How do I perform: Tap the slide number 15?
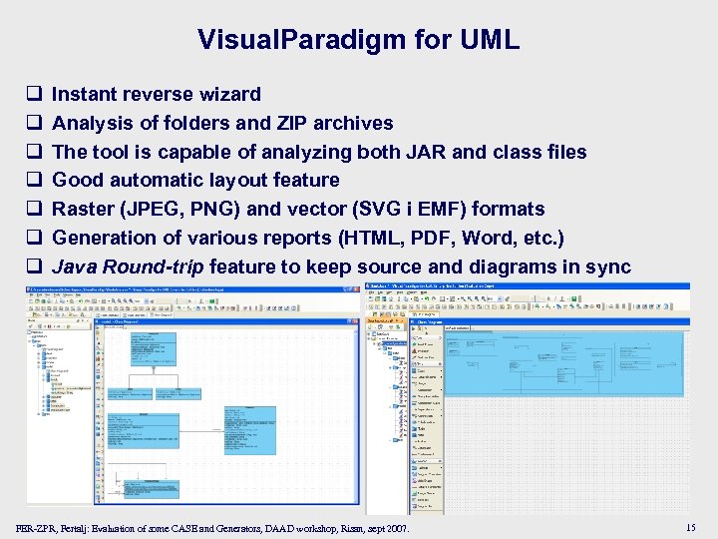pos(691,526)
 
